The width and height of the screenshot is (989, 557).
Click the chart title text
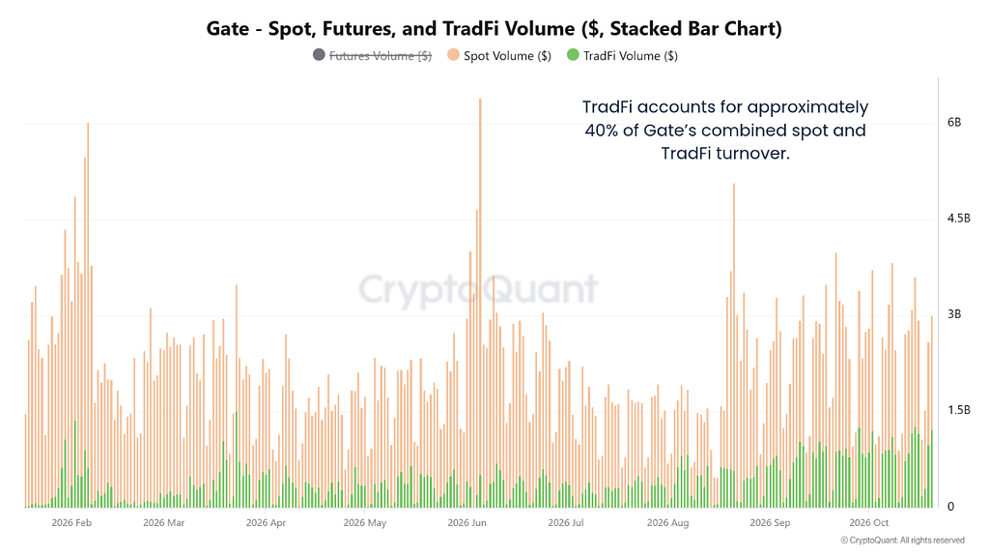point(494,28)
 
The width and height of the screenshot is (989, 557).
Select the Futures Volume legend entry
point(372,55)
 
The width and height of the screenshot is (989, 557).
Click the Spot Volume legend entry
point(499,55)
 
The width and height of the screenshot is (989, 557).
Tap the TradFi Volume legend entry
point(622,55)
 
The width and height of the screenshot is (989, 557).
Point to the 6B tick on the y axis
point(953,122)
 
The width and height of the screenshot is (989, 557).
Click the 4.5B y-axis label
point(958,218)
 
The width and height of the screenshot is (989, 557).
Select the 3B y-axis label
point(953,314)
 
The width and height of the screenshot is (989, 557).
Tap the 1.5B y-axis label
point(958,410)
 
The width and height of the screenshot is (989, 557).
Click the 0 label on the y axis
point(950,506)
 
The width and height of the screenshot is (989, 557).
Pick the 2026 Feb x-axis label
point(71,522)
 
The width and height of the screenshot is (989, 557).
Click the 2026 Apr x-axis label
point(266,522)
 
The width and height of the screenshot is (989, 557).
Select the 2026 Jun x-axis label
point(466,522)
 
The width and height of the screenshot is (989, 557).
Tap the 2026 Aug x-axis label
point(667,522)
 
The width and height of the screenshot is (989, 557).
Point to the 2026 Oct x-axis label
point(868,522)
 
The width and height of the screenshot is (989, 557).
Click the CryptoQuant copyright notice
point(903,540)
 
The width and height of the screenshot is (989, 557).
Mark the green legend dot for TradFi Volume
point(573,55)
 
